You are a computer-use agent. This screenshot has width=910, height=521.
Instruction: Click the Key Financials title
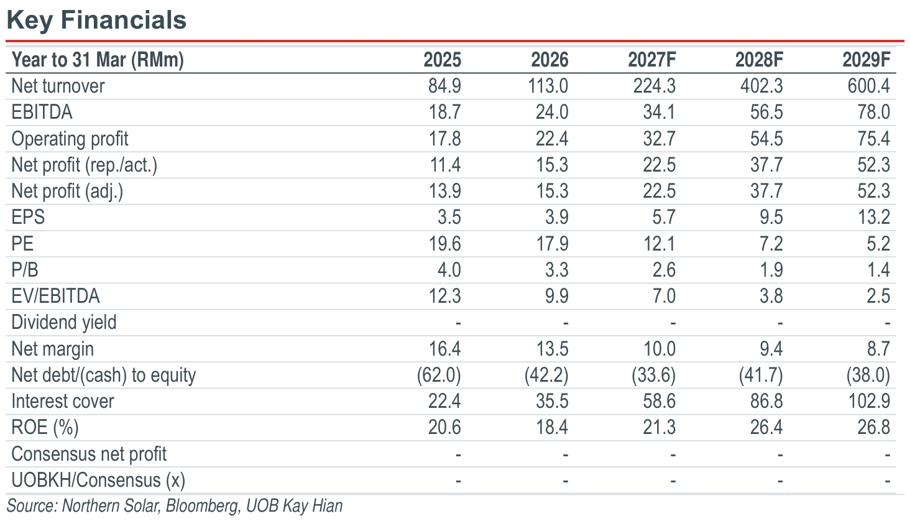coord(96,20)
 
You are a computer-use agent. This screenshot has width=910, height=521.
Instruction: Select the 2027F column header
coord(652,60)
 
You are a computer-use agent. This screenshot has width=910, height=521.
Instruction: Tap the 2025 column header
coord(443,60)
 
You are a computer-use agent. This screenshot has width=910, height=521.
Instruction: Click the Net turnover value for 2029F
coord(868,86)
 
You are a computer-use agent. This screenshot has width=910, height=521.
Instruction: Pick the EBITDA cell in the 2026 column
coord(552,112)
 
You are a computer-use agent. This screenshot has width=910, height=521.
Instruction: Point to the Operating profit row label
coord(70,139)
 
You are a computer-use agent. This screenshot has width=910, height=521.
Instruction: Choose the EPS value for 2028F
coord(771,217)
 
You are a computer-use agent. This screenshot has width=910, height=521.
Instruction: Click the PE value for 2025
coord(445,244)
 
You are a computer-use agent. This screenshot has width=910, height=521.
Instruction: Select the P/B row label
coord(25,270)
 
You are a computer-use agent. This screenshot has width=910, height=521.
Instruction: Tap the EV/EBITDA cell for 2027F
coord(664,296)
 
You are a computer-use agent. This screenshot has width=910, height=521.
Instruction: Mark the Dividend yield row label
coord(64,323)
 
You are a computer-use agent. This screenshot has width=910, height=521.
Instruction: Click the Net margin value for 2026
coord(552,349)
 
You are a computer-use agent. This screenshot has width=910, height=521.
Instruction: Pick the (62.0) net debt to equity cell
coord(439,375)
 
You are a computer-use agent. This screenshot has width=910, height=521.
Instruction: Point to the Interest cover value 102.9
coord(870,401)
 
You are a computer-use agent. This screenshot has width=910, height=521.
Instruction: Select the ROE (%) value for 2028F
coord(766,428)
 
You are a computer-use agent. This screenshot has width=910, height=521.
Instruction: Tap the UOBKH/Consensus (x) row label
coord(98,481)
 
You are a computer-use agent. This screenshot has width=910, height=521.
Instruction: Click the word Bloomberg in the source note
coord(202,506)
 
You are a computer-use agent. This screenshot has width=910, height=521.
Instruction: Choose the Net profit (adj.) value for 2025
coord(445,191)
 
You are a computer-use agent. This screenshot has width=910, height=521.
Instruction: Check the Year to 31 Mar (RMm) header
coord(98,60)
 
